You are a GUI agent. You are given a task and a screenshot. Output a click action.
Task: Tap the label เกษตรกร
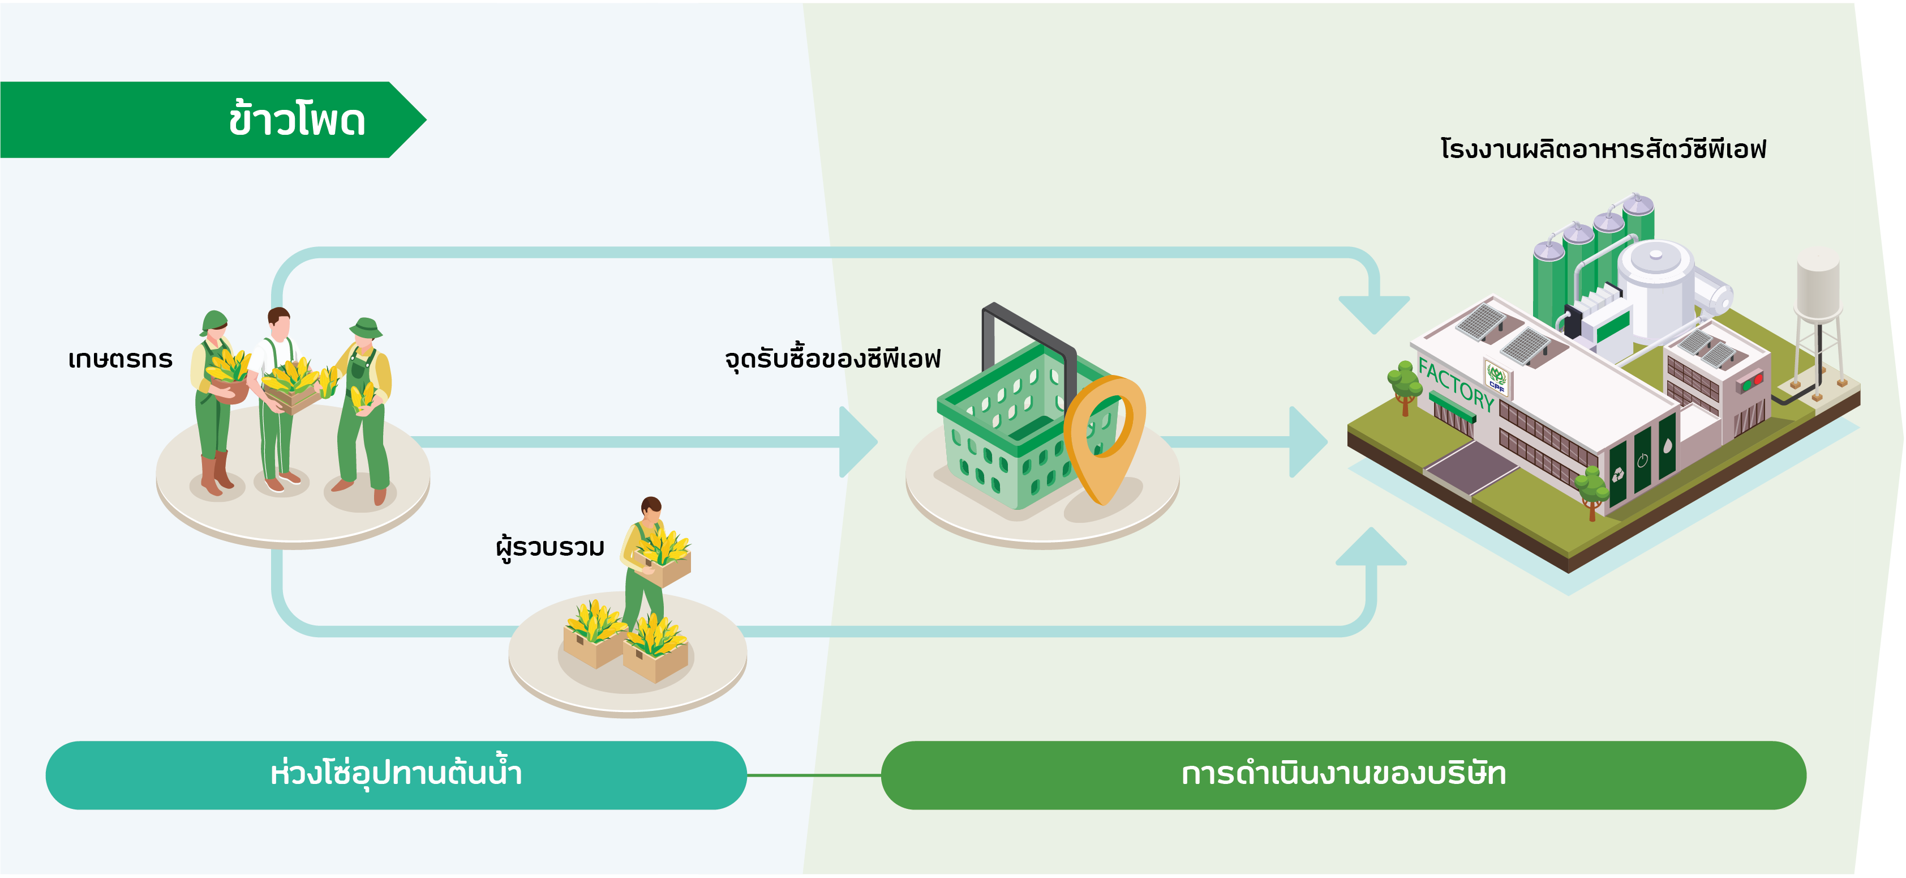[120, 359]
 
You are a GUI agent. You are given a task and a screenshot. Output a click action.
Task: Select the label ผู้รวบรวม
[550, 547]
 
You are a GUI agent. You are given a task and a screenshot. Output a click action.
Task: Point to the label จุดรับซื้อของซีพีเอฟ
[832, 359]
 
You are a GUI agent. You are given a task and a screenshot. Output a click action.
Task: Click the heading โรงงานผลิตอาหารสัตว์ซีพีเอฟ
[1603, 148]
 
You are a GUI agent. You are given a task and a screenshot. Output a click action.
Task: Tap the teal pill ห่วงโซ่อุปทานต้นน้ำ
[396, 774]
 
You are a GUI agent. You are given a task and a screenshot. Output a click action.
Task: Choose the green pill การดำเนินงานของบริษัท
[1343, 774]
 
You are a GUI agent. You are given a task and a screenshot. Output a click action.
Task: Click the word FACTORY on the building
[1456, 383]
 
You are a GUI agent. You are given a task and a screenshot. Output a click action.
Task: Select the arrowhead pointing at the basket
[858, 442]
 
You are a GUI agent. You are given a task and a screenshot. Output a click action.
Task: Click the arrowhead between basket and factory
[1308, 442]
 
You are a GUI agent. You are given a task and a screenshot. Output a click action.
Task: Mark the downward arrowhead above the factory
[1374, 314]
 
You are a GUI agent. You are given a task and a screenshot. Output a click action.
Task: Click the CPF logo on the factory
[1496, 377]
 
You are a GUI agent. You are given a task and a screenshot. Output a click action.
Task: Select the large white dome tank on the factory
[1656, 285]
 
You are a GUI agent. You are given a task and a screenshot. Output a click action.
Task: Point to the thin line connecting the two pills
[814, 775]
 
